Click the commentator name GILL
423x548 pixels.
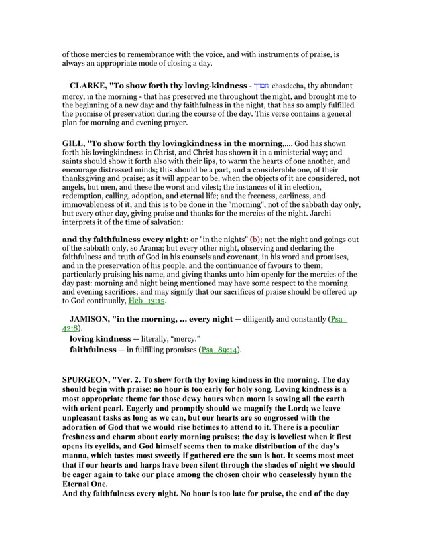pyautogui.click(x=74, y=143)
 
